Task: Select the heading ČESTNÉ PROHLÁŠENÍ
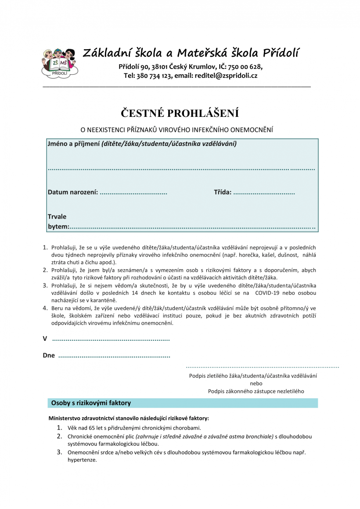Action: click(180, 113)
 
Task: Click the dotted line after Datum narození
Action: click(133, 192)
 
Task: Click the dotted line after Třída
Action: click(264, 192)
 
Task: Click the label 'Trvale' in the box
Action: click(57, 217)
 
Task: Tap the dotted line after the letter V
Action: click(111, 339)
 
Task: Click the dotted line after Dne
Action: click(114, 356)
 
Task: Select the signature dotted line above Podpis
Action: click(262, 366)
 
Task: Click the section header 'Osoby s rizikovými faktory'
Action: click(91, 403)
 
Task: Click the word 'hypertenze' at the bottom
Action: click(82, 460)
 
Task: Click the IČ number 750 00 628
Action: click(245, 67)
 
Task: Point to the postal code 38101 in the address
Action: click(160, 67)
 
